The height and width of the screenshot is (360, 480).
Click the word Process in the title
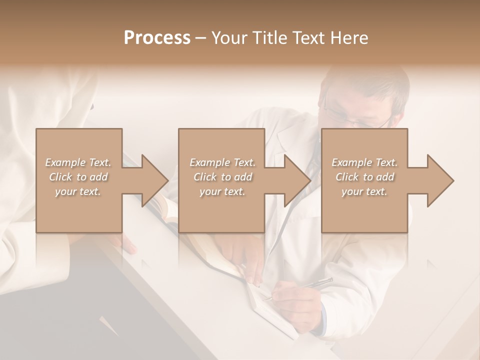click(x=157, y=38)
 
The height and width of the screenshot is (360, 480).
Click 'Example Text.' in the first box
click(x=78, y=162)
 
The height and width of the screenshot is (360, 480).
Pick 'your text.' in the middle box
click(x=222, y=192)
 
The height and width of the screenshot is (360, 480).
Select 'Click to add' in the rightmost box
click(x=365, y=177)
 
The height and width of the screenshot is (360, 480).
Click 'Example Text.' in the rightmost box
click(x=364, y=162)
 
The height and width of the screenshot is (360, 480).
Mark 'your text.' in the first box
click(x=78, y=192)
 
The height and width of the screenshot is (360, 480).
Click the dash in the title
click(x=201, y=38)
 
